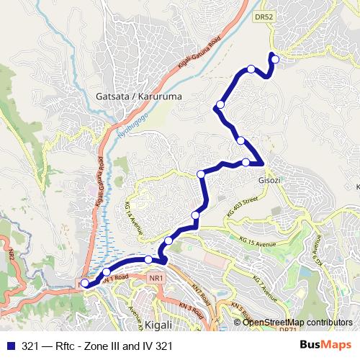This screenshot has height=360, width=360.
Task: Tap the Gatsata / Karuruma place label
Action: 128,96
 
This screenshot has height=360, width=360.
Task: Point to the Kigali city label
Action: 158,325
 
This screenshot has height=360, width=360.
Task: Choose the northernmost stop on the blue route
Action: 274,58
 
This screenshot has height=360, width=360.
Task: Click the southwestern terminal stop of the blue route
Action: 85,284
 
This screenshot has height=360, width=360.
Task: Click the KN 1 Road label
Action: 117,276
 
